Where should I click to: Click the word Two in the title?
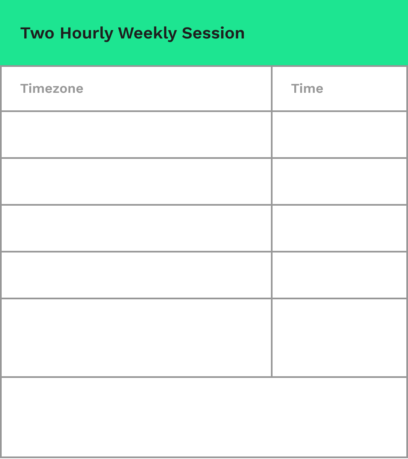37,33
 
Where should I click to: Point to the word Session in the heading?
213,33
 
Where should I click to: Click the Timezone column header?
52,89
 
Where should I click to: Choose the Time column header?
307,89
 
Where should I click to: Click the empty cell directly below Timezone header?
136,135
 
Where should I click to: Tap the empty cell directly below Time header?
339,135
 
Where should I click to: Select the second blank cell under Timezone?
136,181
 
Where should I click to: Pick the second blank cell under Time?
339,181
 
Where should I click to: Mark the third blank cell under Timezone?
136,228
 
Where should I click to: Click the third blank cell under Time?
339,228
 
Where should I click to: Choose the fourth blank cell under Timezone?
136,275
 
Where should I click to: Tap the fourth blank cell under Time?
339,275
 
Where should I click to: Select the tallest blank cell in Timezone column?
136,338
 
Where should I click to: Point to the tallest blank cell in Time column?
339,338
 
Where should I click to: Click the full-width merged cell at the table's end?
204,417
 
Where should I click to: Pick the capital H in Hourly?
66,33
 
